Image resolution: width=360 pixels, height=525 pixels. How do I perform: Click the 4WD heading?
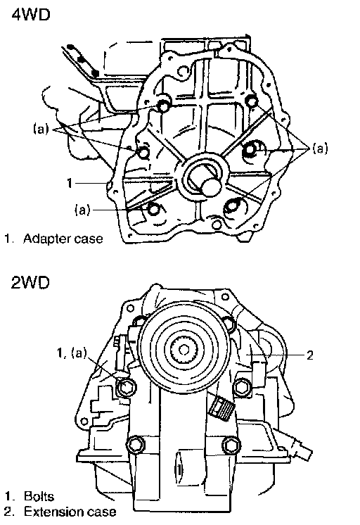click(x=31, y=15)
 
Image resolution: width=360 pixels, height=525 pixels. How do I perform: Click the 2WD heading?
click(x=30, y=282)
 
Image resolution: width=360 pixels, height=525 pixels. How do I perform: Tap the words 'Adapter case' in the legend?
click(x=63, y=239)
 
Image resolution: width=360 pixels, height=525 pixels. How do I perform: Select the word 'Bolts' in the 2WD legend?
click(x=39, y=496)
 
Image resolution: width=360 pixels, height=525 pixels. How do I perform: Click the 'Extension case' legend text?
click(x=70, y=512)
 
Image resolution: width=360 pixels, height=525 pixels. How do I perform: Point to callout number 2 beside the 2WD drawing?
click(x=310, y=355)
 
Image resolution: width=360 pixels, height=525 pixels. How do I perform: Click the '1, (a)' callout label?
click(x=72, y=353)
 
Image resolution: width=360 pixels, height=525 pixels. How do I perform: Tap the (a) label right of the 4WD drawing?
click(x=320, y=148)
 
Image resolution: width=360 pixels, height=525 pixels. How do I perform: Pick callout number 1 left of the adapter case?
click(x=69, y=183)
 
